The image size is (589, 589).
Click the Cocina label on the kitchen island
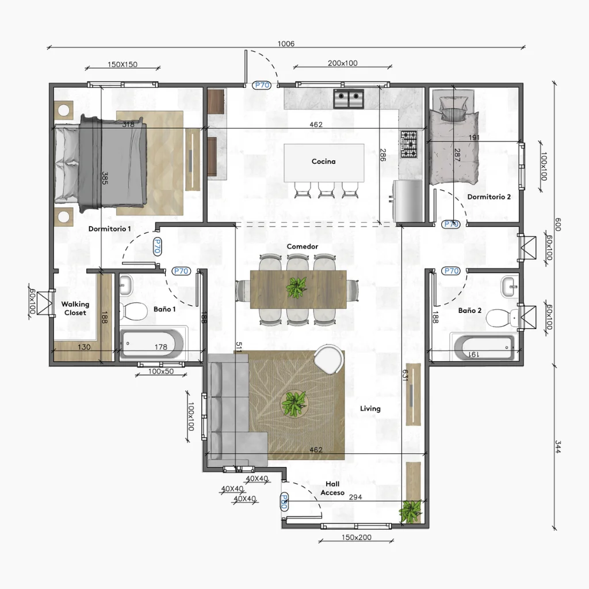point(323,162)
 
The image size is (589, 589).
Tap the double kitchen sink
point(349,99)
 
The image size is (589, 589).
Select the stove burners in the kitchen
point(409,144)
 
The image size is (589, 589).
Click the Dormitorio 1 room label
point(110,229)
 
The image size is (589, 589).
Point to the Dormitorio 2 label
point(489,197)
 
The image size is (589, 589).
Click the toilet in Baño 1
point(133,312)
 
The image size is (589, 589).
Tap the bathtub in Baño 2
point(484,347)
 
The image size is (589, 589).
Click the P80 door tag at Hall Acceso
point(284,502)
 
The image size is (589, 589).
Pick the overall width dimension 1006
point(286,44)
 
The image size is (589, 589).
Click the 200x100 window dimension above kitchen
point(343,63)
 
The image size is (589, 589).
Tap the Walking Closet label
point(75,308)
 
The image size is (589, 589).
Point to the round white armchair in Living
point(328,359)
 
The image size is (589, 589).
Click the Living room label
point(370,409)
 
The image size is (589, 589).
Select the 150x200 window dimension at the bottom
point(357,537)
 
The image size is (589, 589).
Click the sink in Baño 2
point(510,287)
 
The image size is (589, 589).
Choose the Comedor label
point(303,246)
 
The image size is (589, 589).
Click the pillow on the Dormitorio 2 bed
point(454,108)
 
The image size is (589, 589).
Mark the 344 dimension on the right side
point(558,446)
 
